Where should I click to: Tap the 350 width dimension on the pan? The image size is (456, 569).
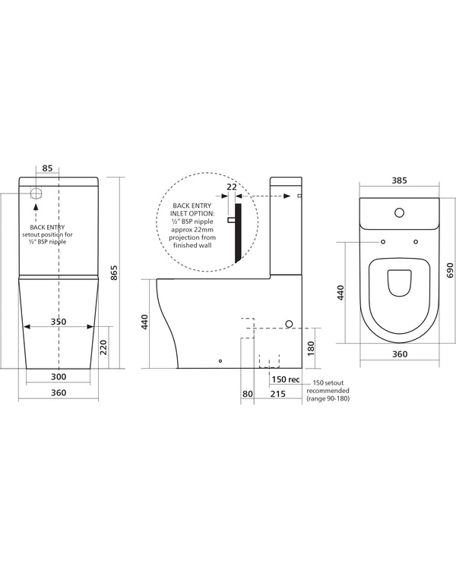pyautogui.click(x=59, y=322)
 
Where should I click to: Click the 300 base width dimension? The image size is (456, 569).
pyautogui.click(x=59, y=377)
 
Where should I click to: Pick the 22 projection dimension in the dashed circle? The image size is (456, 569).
pyautogui.click(x=232, y=185)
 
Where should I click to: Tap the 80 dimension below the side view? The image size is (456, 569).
pyautogui.click(x=247, y=393)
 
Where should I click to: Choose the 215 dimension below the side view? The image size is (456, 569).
pyautogui.click(x=277, y=393)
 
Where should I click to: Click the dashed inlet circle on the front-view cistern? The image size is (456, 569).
pyautogui.click(x=36, y=193)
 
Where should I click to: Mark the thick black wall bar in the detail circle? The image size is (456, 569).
pyautogui.click(x=238, y=231)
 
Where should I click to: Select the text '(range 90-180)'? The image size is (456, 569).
pyautogui.click(x=326, y=398)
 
